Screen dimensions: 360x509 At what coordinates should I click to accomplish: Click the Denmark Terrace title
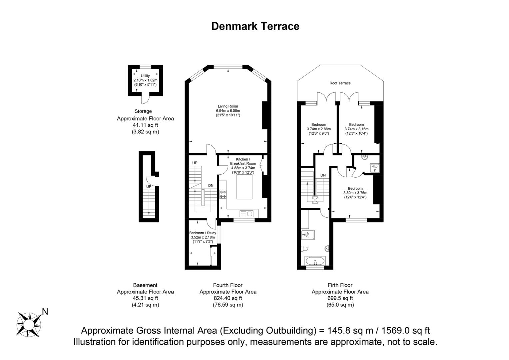click(255, 26)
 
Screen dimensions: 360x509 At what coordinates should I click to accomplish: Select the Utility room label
click(145, 76)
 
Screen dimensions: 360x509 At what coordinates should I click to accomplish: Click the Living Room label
click(228, 106)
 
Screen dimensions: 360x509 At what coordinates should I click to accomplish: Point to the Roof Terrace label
click(340, 83)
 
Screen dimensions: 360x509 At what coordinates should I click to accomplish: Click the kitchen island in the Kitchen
click(245, 187)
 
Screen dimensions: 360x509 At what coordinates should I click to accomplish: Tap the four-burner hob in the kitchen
click(223, 194)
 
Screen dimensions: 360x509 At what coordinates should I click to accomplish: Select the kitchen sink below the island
click(246, 213)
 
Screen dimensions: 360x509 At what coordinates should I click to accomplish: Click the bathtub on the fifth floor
click(315, 261)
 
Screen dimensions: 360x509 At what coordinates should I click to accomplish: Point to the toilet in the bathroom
click(304, 249)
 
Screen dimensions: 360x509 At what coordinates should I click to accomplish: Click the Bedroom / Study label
click(203, 233)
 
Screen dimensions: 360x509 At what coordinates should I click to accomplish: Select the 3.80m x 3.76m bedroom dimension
click(355, 193)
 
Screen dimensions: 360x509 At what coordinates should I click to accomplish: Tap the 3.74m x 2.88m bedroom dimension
click(318, 129)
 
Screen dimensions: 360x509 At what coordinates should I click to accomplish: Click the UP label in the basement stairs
click(149, 187)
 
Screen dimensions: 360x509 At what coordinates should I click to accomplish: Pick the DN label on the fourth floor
click(211, 186)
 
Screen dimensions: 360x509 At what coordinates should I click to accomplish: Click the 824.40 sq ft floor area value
click(228, 298)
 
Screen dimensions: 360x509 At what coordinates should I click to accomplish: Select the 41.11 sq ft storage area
click(145, 125)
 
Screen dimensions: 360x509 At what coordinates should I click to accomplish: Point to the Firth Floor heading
click(340, 285)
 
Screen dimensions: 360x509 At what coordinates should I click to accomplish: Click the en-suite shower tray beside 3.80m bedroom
click(374, 168)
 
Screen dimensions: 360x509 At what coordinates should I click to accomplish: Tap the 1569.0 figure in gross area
click(396, 331)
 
